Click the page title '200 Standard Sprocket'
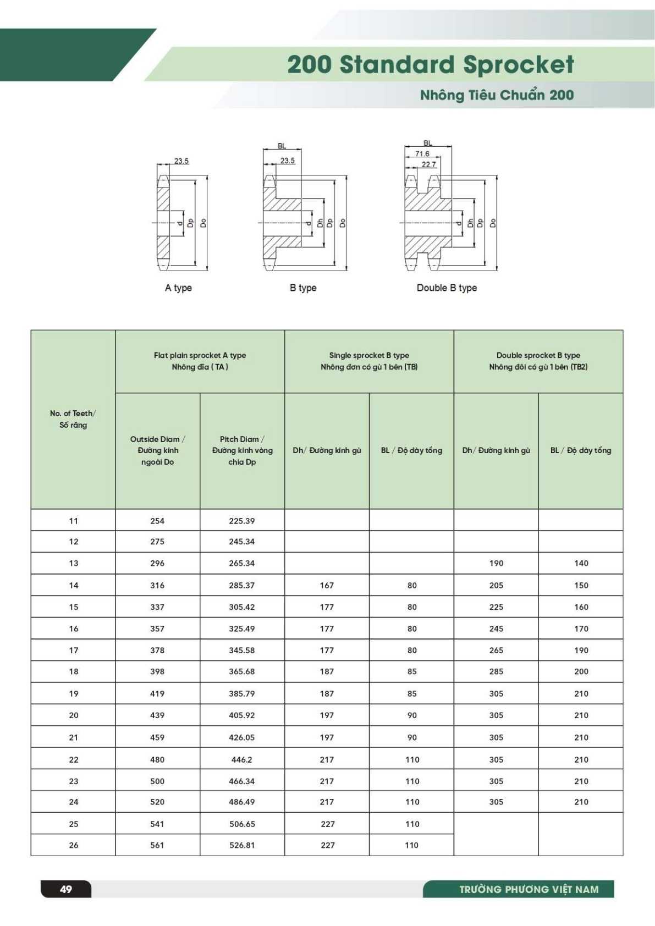430,64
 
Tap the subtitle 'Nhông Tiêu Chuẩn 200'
497,95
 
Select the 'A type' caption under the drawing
178,288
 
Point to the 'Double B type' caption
447,288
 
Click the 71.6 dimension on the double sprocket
422,154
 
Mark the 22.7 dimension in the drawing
429,164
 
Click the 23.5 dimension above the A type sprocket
181,161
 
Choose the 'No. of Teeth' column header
73,419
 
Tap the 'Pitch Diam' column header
242,450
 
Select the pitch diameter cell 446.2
242,759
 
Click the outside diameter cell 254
157,521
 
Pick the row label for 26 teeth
74,845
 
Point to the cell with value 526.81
242,845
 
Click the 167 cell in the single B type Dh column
327,585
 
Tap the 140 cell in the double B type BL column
581,563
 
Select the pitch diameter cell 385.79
242,693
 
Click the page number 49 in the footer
66,889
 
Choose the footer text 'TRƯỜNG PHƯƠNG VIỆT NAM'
529,889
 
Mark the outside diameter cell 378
157,650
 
